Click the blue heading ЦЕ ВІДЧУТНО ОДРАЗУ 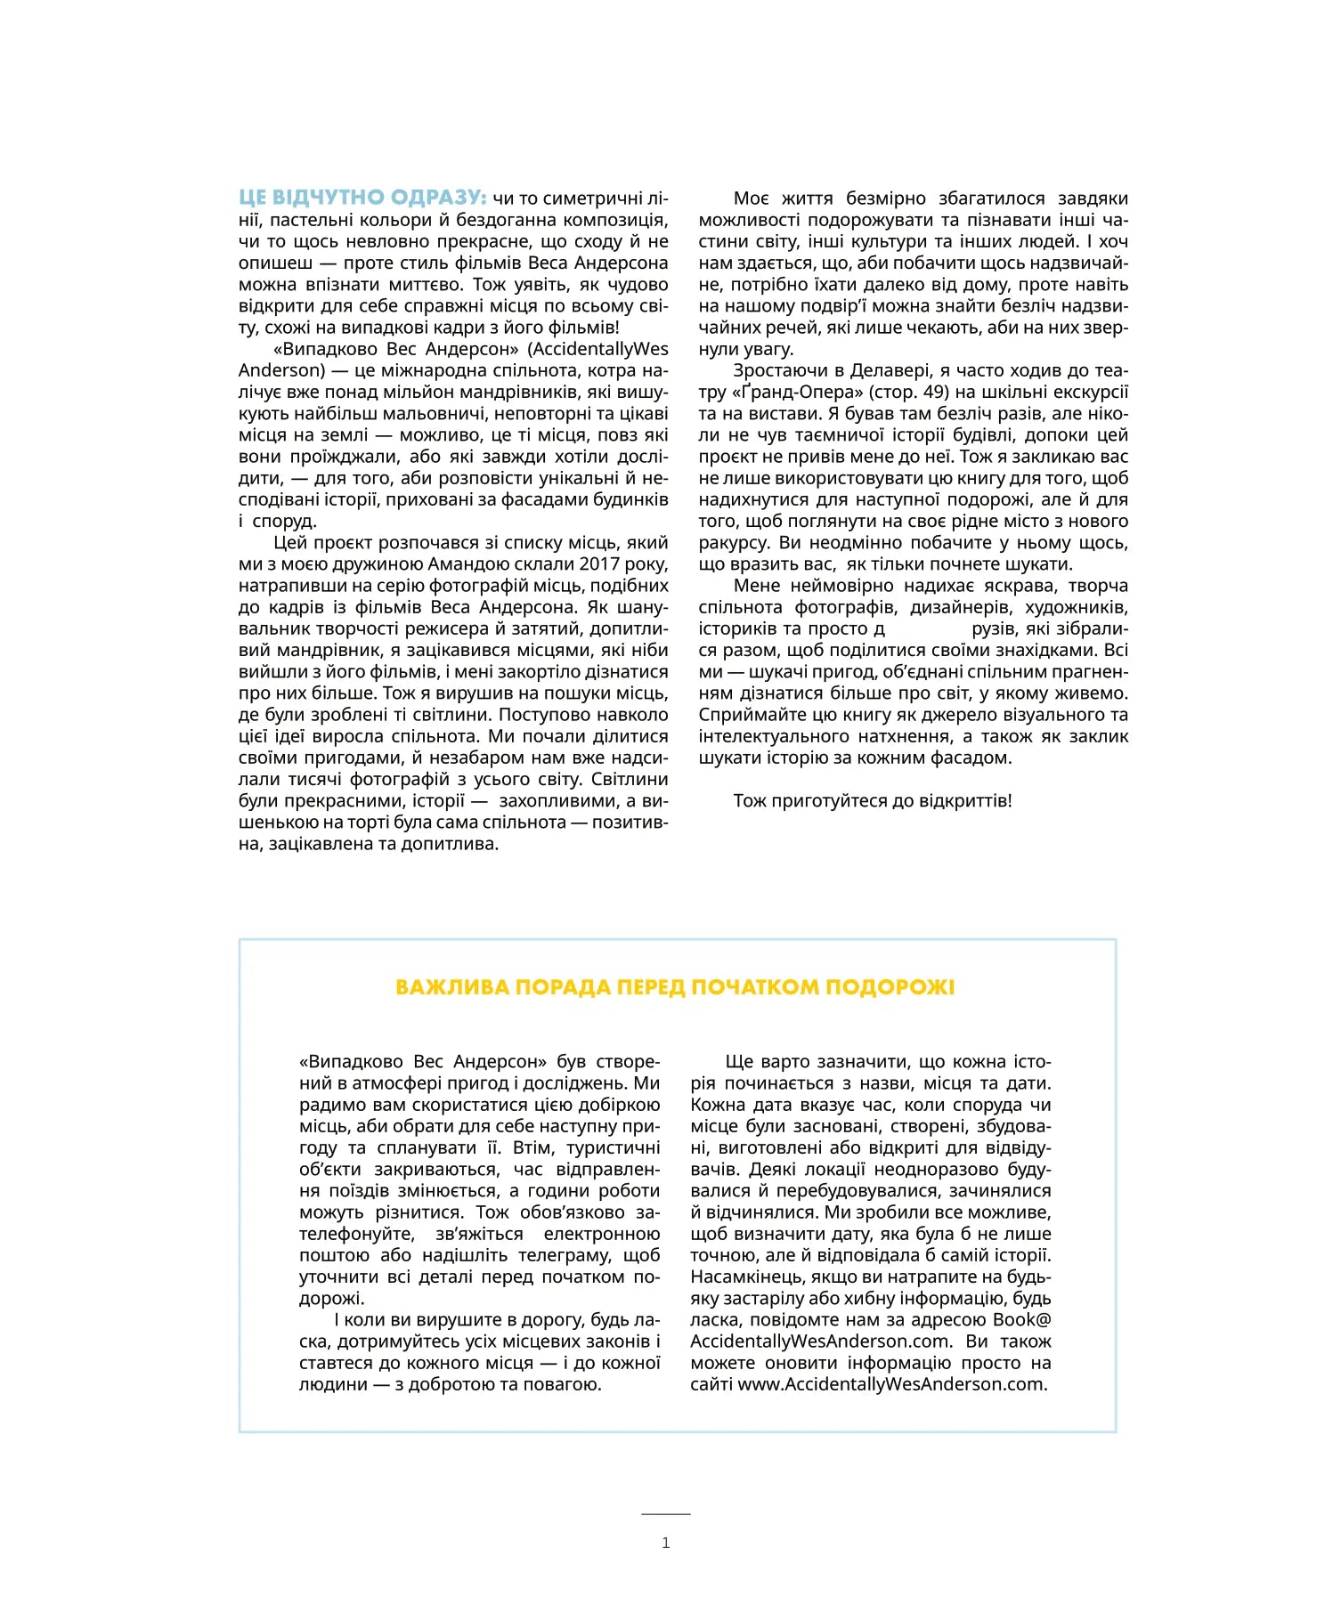[x=362, y=198]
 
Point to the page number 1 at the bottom [x=666, y=1543]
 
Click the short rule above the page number [x=666, y=1513]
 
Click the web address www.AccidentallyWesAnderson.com [x=892, y=1384]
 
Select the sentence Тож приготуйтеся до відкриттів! [x=873, y=801]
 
